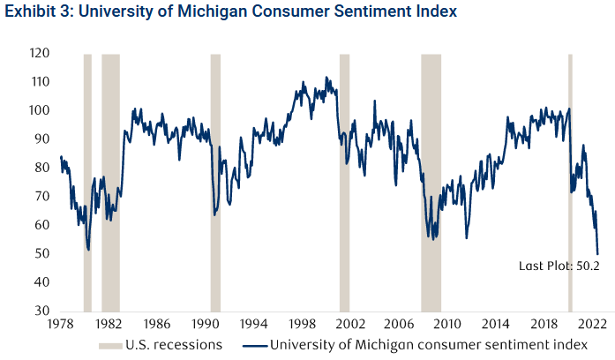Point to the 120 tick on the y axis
[x=37, y=54]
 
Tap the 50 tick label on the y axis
[x=41, y=254]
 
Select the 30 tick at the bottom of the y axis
[x=41, y=311]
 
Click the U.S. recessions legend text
[x=173, y=344]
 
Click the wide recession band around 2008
[x=431, y=176]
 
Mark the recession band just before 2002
[x=344, y=176]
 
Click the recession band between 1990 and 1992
[x=214, y=176]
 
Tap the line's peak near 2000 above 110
[x=326, y=78]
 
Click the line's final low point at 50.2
[x=598, y=253]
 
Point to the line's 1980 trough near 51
[x=88, y=250]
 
